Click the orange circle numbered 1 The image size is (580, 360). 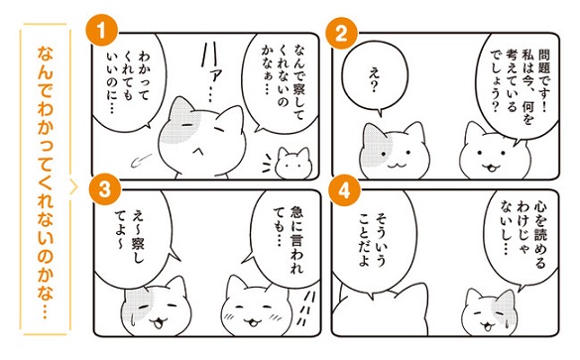point(101,31)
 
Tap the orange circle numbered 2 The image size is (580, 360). point(341,34)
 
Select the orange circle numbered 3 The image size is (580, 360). point(105,190)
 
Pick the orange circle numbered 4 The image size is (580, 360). point(344,191)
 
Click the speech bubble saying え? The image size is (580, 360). point(375,78)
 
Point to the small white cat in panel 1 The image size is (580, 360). point(293,163)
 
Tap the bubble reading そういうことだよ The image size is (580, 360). point(374,240)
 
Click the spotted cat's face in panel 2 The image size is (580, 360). point(394,151)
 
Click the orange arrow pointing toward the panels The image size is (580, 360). point(73,187)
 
